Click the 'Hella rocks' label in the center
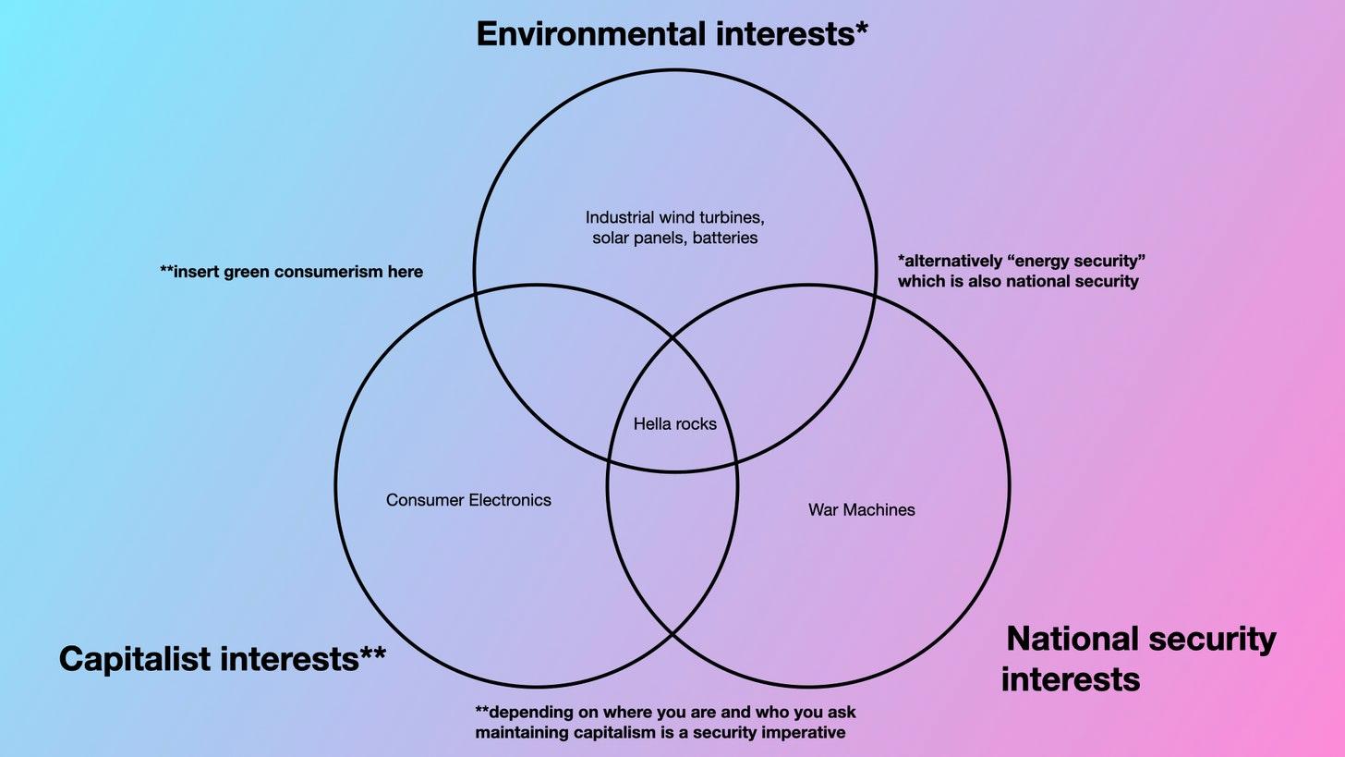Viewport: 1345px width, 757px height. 675,424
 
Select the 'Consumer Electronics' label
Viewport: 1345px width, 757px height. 468,500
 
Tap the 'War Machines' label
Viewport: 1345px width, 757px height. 862,509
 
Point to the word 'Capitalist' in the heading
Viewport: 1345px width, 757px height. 135,658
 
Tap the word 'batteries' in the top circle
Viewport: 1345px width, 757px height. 725,238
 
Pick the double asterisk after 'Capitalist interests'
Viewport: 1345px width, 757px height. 373,652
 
